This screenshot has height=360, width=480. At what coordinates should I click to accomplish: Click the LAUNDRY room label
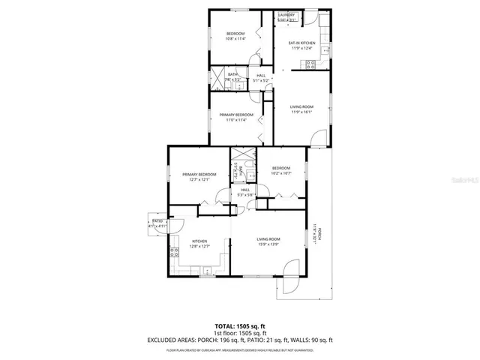click(286, 15)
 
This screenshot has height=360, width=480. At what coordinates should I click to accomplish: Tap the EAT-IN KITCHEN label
click(301, 43)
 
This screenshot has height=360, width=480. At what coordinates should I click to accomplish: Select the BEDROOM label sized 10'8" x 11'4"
click(236, 34)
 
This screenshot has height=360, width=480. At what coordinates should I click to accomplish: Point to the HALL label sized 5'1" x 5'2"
click(261, 76)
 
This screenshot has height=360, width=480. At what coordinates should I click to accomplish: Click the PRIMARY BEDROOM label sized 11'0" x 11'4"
click(236, 115)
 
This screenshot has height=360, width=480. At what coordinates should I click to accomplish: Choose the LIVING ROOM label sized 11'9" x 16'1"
click(301, 108)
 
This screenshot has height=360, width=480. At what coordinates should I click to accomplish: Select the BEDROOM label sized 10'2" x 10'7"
click(281, 169)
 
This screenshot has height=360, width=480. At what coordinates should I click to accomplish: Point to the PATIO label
click(157, 223)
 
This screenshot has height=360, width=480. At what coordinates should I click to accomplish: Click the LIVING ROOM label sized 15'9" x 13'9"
click(268, 240)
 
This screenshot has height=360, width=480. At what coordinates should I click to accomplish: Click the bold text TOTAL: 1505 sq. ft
click(240, 326)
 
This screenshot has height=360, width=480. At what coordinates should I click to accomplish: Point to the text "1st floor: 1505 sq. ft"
click(240, 334)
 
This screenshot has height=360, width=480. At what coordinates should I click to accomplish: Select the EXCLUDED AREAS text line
click(240, 341)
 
